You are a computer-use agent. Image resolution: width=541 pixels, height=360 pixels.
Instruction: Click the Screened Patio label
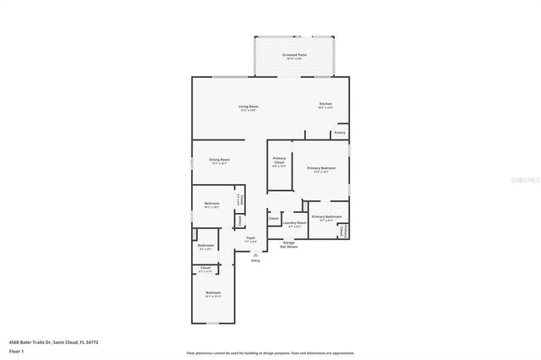pyautogui.click(x=294, y=54)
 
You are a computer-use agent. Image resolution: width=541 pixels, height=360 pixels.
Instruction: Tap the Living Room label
pyautogui.click(x=247, y=106)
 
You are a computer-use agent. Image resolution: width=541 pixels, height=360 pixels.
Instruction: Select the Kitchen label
pyautogui.click(x=325, y=105)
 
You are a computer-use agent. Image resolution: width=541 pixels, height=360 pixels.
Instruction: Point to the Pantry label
pyautogui.click(x=339, y=133)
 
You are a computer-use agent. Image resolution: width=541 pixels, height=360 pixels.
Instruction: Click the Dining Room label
pyautogui.click(x=220, y=160)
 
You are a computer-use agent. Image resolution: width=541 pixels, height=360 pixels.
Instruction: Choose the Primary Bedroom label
pyautogui.click(x=319, y=169)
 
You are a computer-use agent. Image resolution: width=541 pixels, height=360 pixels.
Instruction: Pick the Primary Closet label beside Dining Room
pyautogui.click(x=279, y=161)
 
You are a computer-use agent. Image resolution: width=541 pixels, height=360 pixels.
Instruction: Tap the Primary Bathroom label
pyautogui.click(x=326, y=217)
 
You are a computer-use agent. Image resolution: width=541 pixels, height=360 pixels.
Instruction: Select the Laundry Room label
pyautogui.click(x=295, y=224)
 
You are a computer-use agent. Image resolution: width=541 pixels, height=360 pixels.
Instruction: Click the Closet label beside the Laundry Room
pyautogui.click(x=273, y=219)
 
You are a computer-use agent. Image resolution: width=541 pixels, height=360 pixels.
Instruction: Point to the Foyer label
pyautogui.click(x=251, y=239)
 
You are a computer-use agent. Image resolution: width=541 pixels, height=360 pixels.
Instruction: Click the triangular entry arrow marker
pyautogui.click(x=255, y=254)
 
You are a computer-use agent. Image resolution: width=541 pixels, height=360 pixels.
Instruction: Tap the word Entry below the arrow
pyautogui.click(x=255, y=260)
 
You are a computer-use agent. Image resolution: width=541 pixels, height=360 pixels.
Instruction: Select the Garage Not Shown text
pyautogui.click(x=289, y=245)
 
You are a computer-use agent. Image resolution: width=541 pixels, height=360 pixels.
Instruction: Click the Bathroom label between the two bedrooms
pyautogui.click(x=206, y=246)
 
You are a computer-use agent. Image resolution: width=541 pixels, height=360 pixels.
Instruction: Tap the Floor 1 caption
pyautogui.click(x=16, y=350)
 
